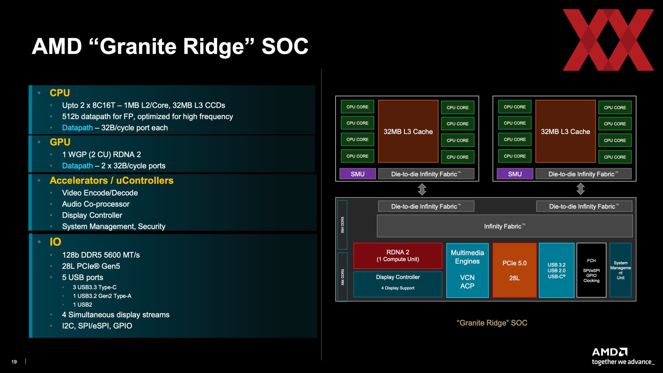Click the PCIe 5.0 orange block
pos(515,270)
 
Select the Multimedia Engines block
pos(467,270)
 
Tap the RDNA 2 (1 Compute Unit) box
pos(398,256)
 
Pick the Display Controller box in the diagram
pos(398,284)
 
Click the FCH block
pos(591,270)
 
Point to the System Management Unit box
pos(621,270)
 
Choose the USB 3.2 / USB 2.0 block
pos(557,270)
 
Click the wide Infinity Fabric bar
pos(505,226)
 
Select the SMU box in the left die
pos(357,174)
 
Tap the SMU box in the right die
pos(515,174)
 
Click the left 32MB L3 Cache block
pos(408,131)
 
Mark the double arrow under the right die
pos(580,189)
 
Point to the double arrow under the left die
pos(422,189)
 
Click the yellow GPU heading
pos(60,142)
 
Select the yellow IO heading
pos(55,242)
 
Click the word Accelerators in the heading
pos(79,180)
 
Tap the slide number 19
pos(14,362)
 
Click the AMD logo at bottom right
pos(609,352)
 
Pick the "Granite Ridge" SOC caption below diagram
pos(492,323)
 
